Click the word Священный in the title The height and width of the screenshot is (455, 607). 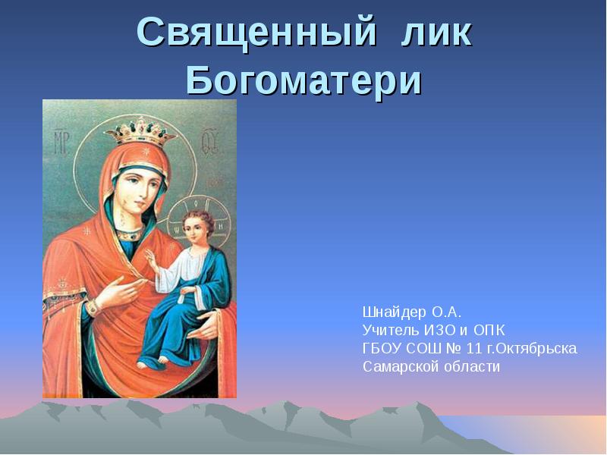pos(258,34)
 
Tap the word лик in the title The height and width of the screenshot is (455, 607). pos(436,34)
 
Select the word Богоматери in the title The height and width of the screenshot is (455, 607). pos(303,80)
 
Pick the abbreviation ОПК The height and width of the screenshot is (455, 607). pos(489,330)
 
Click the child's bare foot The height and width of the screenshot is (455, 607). pos(144,362)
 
